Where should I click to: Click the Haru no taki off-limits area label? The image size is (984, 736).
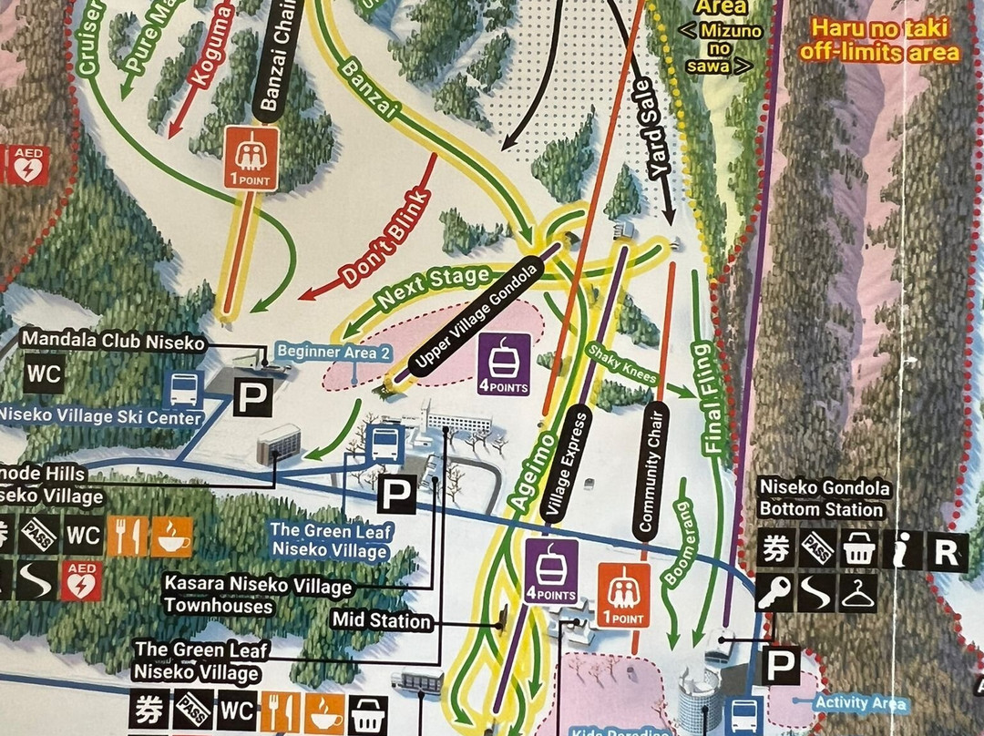pyautogui.click(x=879, y=42)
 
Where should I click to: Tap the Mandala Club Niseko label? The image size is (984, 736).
pyautogui.click(x=113, y=341)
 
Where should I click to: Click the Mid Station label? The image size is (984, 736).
pyautogui.click(x=382, y=621)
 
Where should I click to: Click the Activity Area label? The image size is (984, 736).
pyautogui.click(x=861, y=703)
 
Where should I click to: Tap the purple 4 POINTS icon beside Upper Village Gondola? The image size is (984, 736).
pyautogui.click(x=504, y=364)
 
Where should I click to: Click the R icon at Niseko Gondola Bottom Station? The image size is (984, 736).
pyautogui.click(x=948, y=551)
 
